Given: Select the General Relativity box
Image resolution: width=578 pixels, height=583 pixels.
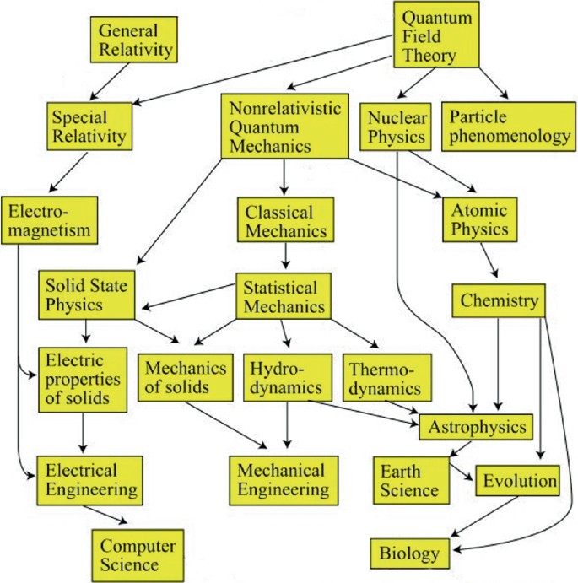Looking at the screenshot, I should coord(135,40).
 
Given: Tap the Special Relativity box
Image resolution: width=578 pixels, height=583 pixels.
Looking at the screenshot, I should coord(89,125).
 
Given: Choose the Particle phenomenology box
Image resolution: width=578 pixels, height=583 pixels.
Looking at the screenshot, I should coord(509,126).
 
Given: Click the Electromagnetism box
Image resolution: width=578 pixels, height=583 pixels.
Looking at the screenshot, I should coord(50,218).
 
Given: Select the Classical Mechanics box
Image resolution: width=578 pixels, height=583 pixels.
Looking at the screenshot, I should coord(287,220).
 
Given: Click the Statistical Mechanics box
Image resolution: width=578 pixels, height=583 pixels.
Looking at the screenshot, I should coord(282,296).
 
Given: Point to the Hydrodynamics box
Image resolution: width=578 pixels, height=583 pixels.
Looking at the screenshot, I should coord(287,376).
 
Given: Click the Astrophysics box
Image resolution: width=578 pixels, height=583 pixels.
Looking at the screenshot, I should coord(477,426).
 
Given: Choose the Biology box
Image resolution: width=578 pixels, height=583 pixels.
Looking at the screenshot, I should coord(409,553).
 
